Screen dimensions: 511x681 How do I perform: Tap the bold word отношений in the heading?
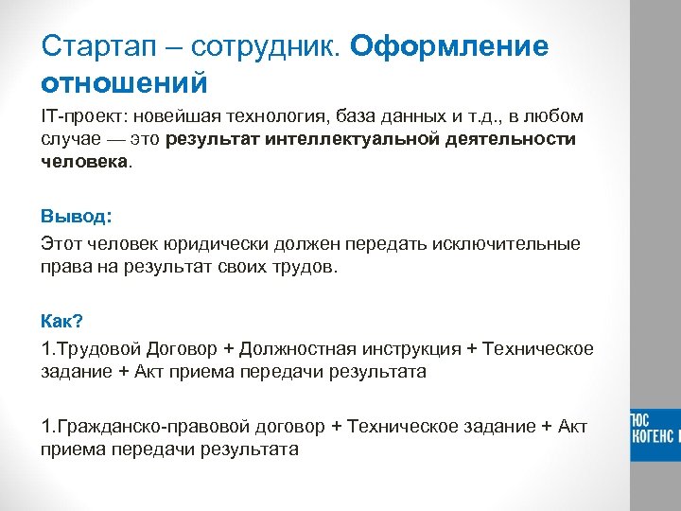coord(124,83)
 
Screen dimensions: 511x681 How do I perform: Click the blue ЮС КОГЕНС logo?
coord(655,428)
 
